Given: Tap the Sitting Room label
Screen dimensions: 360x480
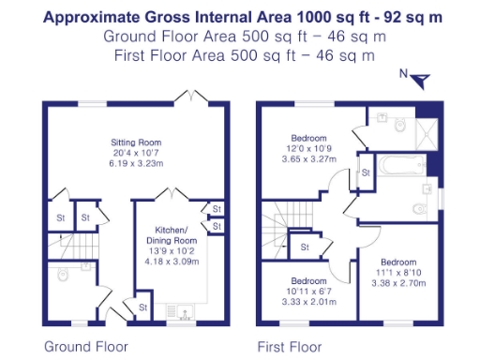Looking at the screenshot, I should pos(130,142).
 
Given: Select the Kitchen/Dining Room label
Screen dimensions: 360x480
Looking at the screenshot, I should pos(171,235).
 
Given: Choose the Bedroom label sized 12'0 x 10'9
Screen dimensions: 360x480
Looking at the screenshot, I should pos(307,137).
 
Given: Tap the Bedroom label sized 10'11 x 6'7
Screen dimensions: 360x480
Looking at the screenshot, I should pos(307,282).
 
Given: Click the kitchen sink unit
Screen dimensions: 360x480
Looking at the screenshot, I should pos(179,310).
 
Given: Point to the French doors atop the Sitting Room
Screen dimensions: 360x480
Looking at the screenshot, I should pos(194,97).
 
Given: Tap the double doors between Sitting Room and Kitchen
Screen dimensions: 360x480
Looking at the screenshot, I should pos(166,195).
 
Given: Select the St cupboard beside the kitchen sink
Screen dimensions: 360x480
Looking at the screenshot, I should pos(143,307).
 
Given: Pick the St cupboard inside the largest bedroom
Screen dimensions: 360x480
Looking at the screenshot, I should pos(365,172).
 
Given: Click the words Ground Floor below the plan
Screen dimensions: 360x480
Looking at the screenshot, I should pos(86,346).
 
